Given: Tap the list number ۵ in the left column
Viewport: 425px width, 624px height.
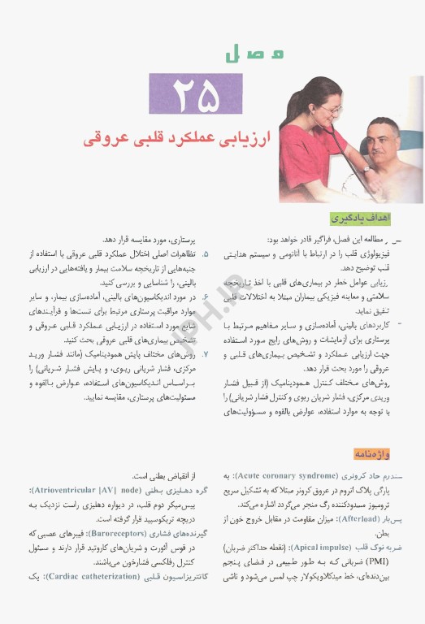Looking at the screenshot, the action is [206, 253].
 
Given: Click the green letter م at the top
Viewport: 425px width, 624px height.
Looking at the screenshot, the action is [277, 54].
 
